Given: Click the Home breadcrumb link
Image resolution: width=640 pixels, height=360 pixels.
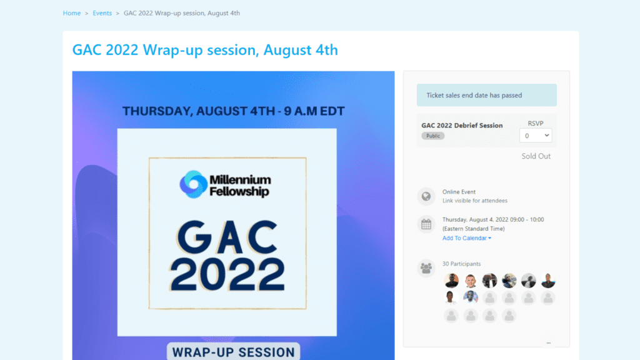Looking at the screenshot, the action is coord(72,13).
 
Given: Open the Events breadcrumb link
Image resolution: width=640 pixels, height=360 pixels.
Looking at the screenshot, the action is coord(102,13).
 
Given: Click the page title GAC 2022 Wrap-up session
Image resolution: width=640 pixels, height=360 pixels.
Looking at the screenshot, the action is coord(205,50).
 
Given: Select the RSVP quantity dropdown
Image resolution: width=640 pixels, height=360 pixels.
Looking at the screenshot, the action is coord(536,136).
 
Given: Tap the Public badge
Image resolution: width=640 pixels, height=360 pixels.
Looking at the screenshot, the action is coord(433,136).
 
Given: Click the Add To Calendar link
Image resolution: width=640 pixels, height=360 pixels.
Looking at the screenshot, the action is coord(466,238).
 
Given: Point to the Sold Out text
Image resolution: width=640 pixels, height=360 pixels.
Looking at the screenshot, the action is coord(536,156).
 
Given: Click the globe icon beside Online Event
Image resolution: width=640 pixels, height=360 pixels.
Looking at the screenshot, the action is coord(426,196).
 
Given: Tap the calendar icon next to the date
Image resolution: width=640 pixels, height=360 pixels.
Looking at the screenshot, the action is coord(426,224).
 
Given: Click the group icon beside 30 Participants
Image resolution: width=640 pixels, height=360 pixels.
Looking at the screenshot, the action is coord(426,268).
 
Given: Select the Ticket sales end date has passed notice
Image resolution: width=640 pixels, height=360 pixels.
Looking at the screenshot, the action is coord(486,95).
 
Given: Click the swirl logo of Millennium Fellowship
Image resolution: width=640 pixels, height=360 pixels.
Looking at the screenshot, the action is coord(193,184).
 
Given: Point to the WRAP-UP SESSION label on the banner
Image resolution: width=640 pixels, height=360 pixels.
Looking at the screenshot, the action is coord(234,352).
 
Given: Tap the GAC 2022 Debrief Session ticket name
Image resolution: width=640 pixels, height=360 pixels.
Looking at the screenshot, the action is coord(462,125).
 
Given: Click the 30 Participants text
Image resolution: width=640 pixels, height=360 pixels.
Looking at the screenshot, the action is coord(462,264).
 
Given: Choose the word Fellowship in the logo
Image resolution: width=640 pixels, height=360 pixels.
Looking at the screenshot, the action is coord(239,191).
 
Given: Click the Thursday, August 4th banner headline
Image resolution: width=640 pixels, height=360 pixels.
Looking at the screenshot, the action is coord(234,111).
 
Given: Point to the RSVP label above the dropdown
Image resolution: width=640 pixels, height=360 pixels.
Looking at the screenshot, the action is coord(536,123).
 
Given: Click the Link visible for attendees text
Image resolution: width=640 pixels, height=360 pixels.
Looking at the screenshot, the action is coord(475,201).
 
